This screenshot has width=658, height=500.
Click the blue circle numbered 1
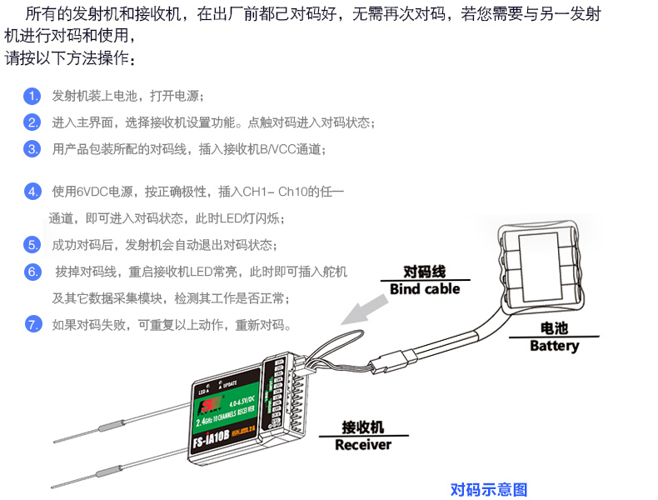tap(32, 96)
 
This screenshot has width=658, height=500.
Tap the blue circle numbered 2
tap(32, 122)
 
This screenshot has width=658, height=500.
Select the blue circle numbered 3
tap(32, 149)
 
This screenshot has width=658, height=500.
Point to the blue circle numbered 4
tap(32, 192)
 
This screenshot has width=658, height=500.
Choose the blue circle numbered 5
tap(32, 245)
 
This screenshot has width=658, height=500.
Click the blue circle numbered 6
tap(32, 272)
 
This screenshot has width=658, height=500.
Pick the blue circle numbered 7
tap(32, 324)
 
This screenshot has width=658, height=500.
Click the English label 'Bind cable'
tap(424, 289)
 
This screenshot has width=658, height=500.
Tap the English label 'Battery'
tap(554, 345)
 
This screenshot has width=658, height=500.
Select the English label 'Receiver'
tap(362, 444)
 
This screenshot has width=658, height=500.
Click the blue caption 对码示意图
tap(489, 489)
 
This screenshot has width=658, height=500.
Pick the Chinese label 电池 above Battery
tap(554, 328)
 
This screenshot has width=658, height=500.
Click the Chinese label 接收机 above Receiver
tap(362, 427)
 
